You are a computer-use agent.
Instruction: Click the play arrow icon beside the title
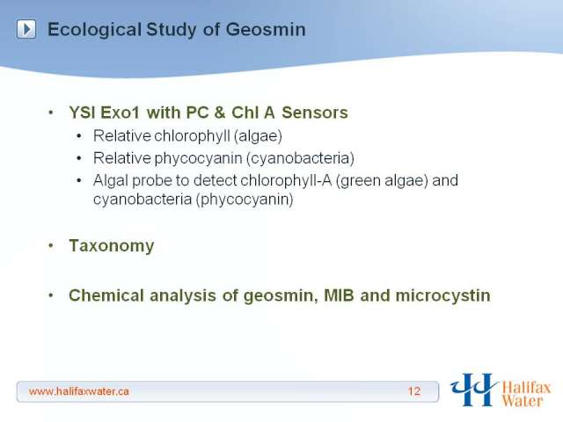click(26, 29)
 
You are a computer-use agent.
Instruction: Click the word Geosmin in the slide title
click(266, 29)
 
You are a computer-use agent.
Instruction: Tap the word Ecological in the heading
click(94, 30)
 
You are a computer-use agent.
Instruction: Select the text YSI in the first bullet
click(82, 113)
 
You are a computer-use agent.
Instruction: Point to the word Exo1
click(120, 113)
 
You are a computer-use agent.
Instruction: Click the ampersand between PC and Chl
click(220, 113)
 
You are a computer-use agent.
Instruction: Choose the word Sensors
click(315, 113)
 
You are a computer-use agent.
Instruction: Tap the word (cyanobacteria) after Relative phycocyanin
click(300, 158)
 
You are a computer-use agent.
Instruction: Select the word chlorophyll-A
click(286, 180)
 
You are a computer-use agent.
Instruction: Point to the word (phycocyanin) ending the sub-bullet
click(245, 200)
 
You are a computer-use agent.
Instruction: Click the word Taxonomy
click(112, 246)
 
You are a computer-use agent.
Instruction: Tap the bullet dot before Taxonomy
click(51, 246)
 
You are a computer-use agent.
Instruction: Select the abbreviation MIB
click(339, 295)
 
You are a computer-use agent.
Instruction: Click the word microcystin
click(442, 296)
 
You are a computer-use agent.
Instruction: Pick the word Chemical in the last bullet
click(106, 295)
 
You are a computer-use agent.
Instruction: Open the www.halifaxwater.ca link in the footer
click(79, 391)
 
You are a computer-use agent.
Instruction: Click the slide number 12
click(414, 391)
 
